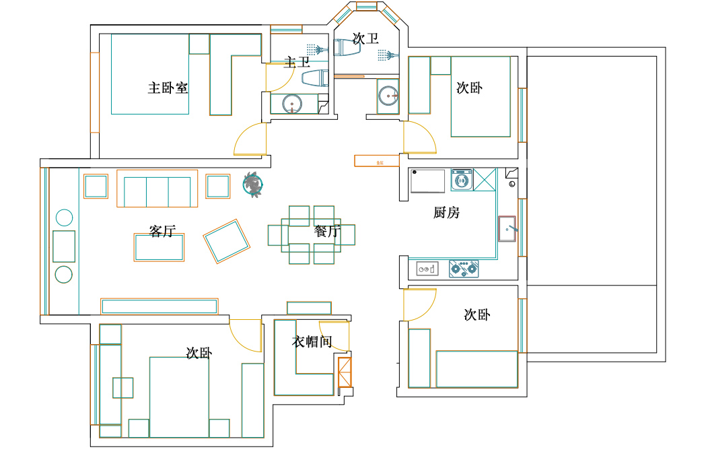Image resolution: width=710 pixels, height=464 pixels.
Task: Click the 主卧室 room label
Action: pos(168,88)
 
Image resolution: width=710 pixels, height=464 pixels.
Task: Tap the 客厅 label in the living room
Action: pos(162,232)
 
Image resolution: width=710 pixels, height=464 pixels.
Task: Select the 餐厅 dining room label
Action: pos(327,232)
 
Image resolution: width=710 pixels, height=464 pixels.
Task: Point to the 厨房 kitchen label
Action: pos(446,213)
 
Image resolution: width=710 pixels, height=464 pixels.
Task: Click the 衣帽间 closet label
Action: pos(312,341)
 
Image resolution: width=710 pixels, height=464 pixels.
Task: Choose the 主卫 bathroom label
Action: pos(297,63)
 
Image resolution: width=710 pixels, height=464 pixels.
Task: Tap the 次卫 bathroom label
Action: pos(365,39)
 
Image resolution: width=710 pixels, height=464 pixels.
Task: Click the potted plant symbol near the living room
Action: pos(253,184)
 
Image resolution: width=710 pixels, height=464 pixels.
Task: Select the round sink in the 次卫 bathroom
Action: pos(388,96)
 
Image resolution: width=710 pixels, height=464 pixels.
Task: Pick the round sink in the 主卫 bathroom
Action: pos(291,104)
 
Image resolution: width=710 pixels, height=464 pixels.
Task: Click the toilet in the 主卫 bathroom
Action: pos(315,79)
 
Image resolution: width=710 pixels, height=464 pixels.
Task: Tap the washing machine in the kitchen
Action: pos(462,180)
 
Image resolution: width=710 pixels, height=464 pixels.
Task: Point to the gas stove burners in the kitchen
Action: pos(464,269)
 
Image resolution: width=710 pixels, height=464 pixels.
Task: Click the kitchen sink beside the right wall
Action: pos(507,229)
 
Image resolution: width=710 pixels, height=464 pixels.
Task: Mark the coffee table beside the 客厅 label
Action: pos(159,248)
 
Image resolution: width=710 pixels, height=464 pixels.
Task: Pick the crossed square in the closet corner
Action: pos(345,372)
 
